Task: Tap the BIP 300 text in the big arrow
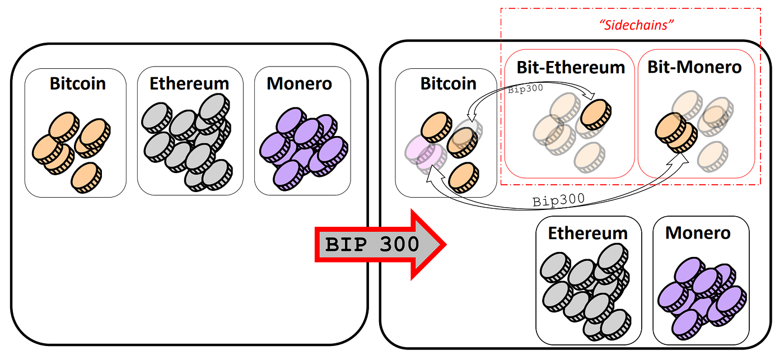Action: [372, 244]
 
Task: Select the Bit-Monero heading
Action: [694, 68]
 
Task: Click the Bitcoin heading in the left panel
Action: [77, 83]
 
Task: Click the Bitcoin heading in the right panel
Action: [448, 83]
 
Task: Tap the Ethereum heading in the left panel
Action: [189, 83]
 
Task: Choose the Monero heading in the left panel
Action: [299, 83]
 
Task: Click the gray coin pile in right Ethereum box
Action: [585, 291]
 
